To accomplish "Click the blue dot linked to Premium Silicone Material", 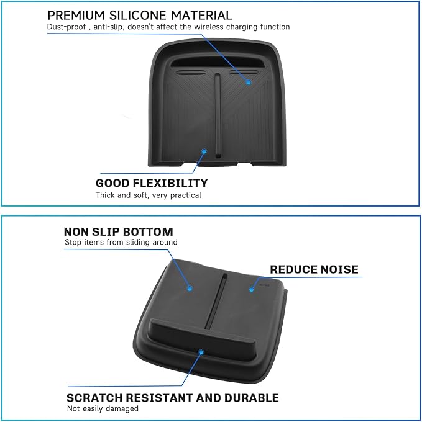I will point(248,81).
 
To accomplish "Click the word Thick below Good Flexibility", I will point(106,195).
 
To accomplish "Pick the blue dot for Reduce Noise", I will point(252,287).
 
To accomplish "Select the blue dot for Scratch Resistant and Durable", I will point(200,352).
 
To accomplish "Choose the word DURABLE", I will point(254,398).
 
